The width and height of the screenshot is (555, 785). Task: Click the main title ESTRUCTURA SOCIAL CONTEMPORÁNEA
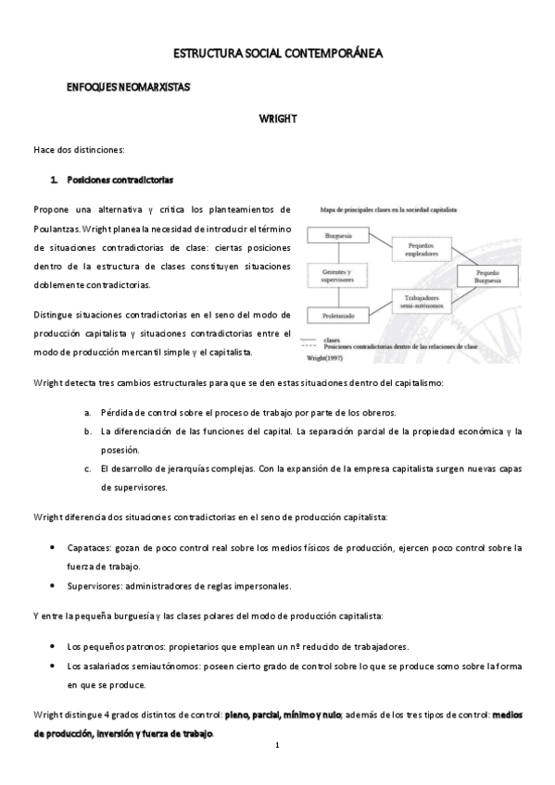coord(279,55)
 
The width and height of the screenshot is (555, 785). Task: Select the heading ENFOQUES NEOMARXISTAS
coord(128,87)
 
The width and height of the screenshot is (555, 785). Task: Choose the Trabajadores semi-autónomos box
coord(426,301)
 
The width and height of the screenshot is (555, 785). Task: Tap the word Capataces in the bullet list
coord(90,547)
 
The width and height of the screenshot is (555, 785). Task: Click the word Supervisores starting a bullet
coord(95,585)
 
